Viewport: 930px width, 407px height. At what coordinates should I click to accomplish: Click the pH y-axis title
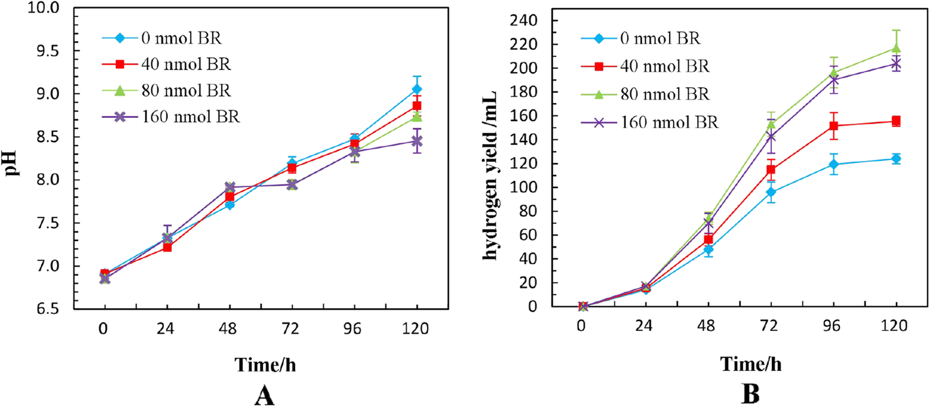tap(13, 158)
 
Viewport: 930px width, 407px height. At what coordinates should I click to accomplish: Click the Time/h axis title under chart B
tap(750, 363)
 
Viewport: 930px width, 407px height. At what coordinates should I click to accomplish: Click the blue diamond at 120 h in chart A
tap(417, 89)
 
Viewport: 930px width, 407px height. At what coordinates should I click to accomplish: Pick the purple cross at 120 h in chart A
tap(417, 141)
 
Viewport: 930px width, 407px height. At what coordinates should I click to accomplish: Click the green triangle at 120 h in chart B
tap(896, 48)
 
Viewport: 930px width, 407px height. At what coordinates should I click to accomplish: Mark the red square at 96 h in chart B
tap(833, 126)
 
